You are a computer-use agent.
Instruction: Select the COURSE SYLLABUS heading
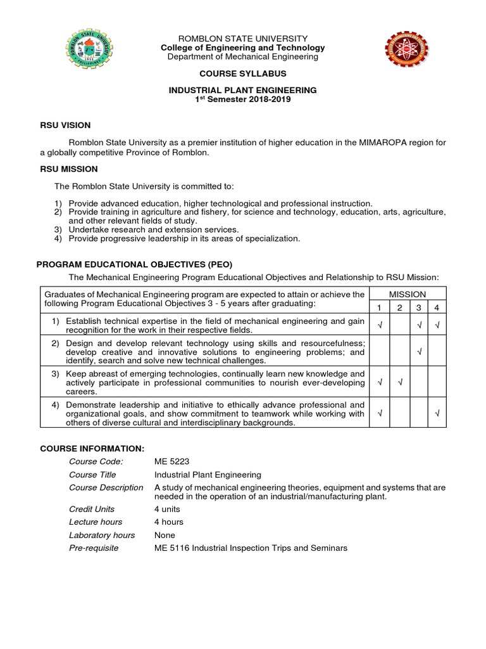[242, 74]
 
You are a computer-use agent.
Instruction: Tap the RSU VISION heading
[65, 125]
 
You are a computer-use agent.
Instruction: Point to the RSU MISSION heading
[68, 169]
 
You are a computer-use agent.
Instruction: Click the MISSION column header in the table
[408, 294]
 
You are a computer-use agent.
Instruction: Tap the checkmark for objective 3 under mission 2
[399, 382]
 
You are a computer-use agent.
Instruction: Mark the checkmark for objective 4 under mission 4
[437, 414]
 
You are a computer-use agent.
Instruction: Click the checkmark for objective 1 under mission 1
[380, 325]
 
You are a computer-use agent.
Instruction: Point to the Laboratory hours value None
[165, 535]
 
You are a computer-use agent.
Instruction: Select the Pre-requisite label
[94, 548]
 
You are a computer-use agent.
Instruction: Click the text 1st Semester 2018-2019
[242, 100]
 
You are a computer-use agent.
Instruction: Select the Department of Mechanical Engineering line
[242, 57]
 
